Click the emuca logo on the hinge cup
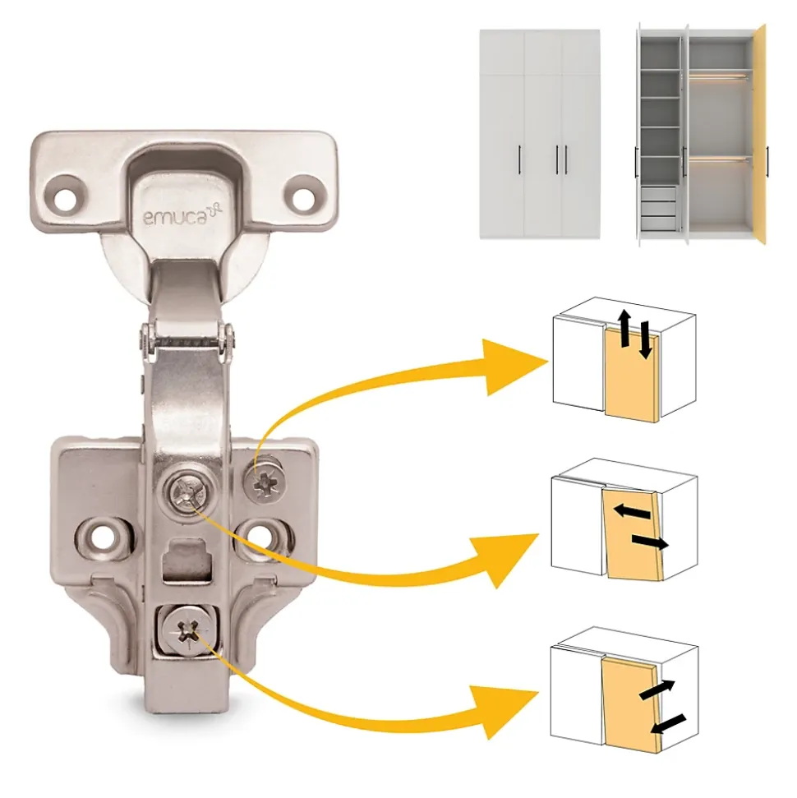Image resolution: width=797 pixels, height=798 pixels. (x=182, y=215)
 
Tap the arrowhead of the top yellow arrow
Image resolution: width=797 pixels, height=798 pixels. (x=514, y=365)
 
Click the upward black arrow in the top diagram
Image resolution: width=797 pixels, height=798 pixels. (x=624, y=329)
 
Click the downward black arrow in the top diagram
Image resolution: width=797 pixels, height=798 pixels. (x=645, y=339)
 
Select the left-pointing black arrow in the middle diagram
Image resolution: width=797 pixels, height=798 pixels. (x=632, y=511)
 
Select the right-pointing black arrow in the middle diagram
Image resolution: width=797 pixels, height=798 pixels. (x=650, y=542)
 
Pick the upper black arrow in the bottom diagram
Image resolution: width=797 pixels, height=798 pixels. (x=656, y=690)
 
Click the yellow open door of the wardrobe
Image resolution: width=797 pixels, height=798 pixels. (x=760, y=134)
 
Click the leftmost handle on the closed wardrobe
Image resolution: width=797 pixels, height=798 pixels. (x=519, y=159)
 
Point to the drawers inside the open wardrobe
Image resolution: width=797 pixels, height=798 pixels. (x=658, y=208)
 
